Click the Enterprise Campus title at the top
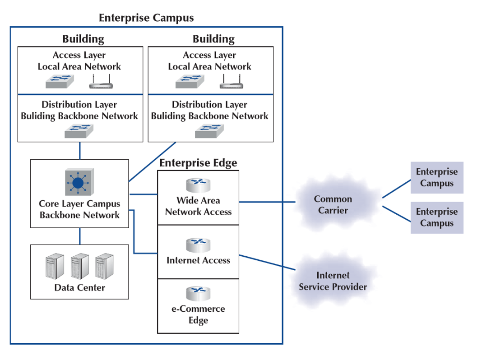click(x=146, y=18)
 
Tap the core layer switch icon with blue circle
click(x=79, y=182)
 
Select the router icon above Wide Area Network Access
click(x=198, y=185)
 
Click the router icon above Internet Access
click(x=198, y=245)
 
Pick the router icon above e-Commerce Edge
click(x=198, y=294)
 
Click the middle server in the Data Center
click(x=80, y=266)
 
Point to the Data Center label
click(x=79, y=287)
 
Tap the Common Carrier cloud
click(x=333, y=204)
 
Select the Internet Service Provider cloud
click(x=333, y=281)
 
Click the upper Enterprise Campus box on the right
click(x=436, y=178)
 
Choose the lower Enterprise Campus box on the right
click(x=436, y=217)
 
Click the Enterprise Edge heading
click(x=198, y=163)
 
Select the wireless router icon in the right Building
click(x=232, y=82)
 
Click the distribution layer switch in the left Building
click(x=79, y=131)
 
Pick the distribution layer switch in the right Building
click(x=209, y=131)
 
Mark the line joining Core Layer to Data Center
click(x=80, y=236)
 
